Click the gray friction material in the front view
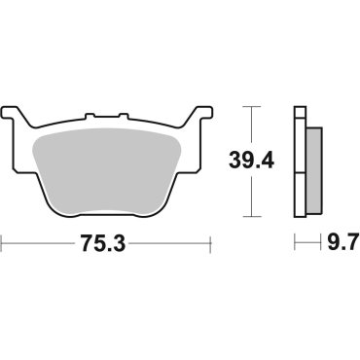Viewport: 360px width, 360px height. [107, 161]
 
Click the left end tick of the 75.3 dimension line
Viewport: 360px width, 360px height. [5, 240]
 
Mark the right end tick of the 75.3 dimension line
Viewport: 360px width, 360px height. [209, 240]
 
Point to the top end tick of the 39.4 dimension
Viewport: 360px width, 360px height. [251, 102]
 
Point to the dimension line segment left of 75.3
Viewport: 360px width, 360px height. [39, 240]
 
